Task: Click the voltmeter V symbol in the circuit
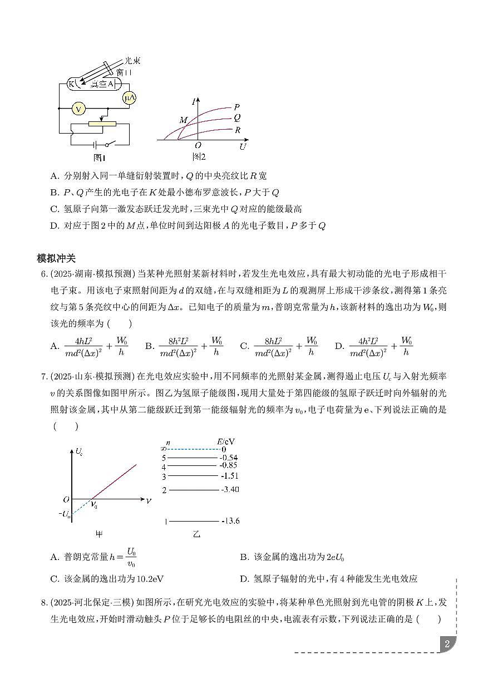(x=79, y=108)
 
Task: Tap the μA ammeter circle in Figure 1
(x=130, y=98)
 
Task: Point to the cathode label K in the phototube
(x=71, y=83)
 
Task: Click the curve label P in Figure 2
(x=237, y=107)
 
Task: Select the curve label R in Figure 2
(x=238, y=130)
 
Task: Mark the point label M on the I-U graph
(x=184, y=120)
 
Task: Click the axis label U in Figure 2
(x=242, y=147)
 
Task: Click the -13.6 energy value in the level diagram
(x=230, y=521)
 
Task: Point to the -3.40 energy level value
(x=229, y=490)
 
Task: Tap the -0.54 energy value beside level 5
(x=229, y=457)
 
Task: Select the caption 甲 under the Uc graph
(x=99, y=534)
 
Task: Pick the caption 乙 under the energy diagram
(x=196, y=534)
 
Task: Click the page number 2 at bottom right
(x=446, y=644)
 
